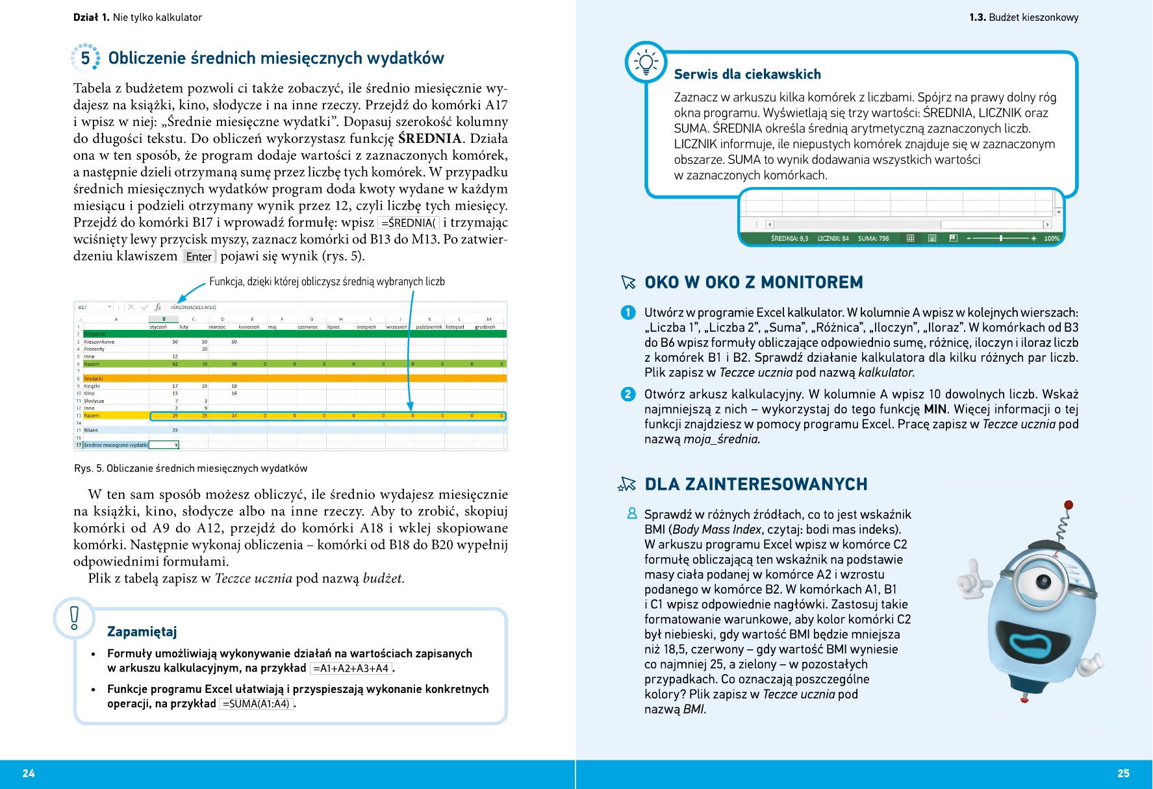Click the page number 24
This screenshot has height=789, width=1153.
(x=29, y=773)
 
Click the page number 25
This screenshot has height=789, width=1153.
(x=1123, y=773)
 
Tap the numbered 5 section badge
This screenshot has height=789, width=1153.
(x=85, y=58)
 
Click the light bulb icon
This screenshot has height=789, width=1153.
(x=646, y=62)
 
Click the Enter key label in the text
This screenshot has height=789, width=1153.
(x=199, y=257)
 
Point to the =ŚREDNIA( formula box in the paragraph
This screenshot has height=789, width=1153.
(x=409, y=223)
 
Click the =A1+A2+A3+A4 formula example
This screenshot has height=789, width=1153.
(x=351, y=668)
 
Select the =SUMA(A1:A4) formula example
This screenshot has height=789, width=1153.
(x=256, y=704)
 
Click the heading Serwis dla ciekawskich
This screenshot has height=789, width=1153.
(x=747, y=74)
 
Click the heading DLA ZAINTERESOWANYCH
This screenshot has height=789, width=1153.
(x=755, y=484)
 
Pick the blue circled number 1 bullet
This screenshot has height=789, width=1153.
(x=627, y=312)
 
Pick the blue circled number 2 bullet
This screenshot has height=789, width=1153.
(x=627, y=394)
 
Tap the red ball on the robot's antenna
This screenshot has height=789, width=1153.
(x=1069, y=505)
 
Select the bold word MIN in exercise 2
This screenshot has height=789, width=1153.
(x=935, y=409)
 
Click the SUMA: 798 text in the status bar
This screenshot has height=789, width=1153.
(x=873, y=238)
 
